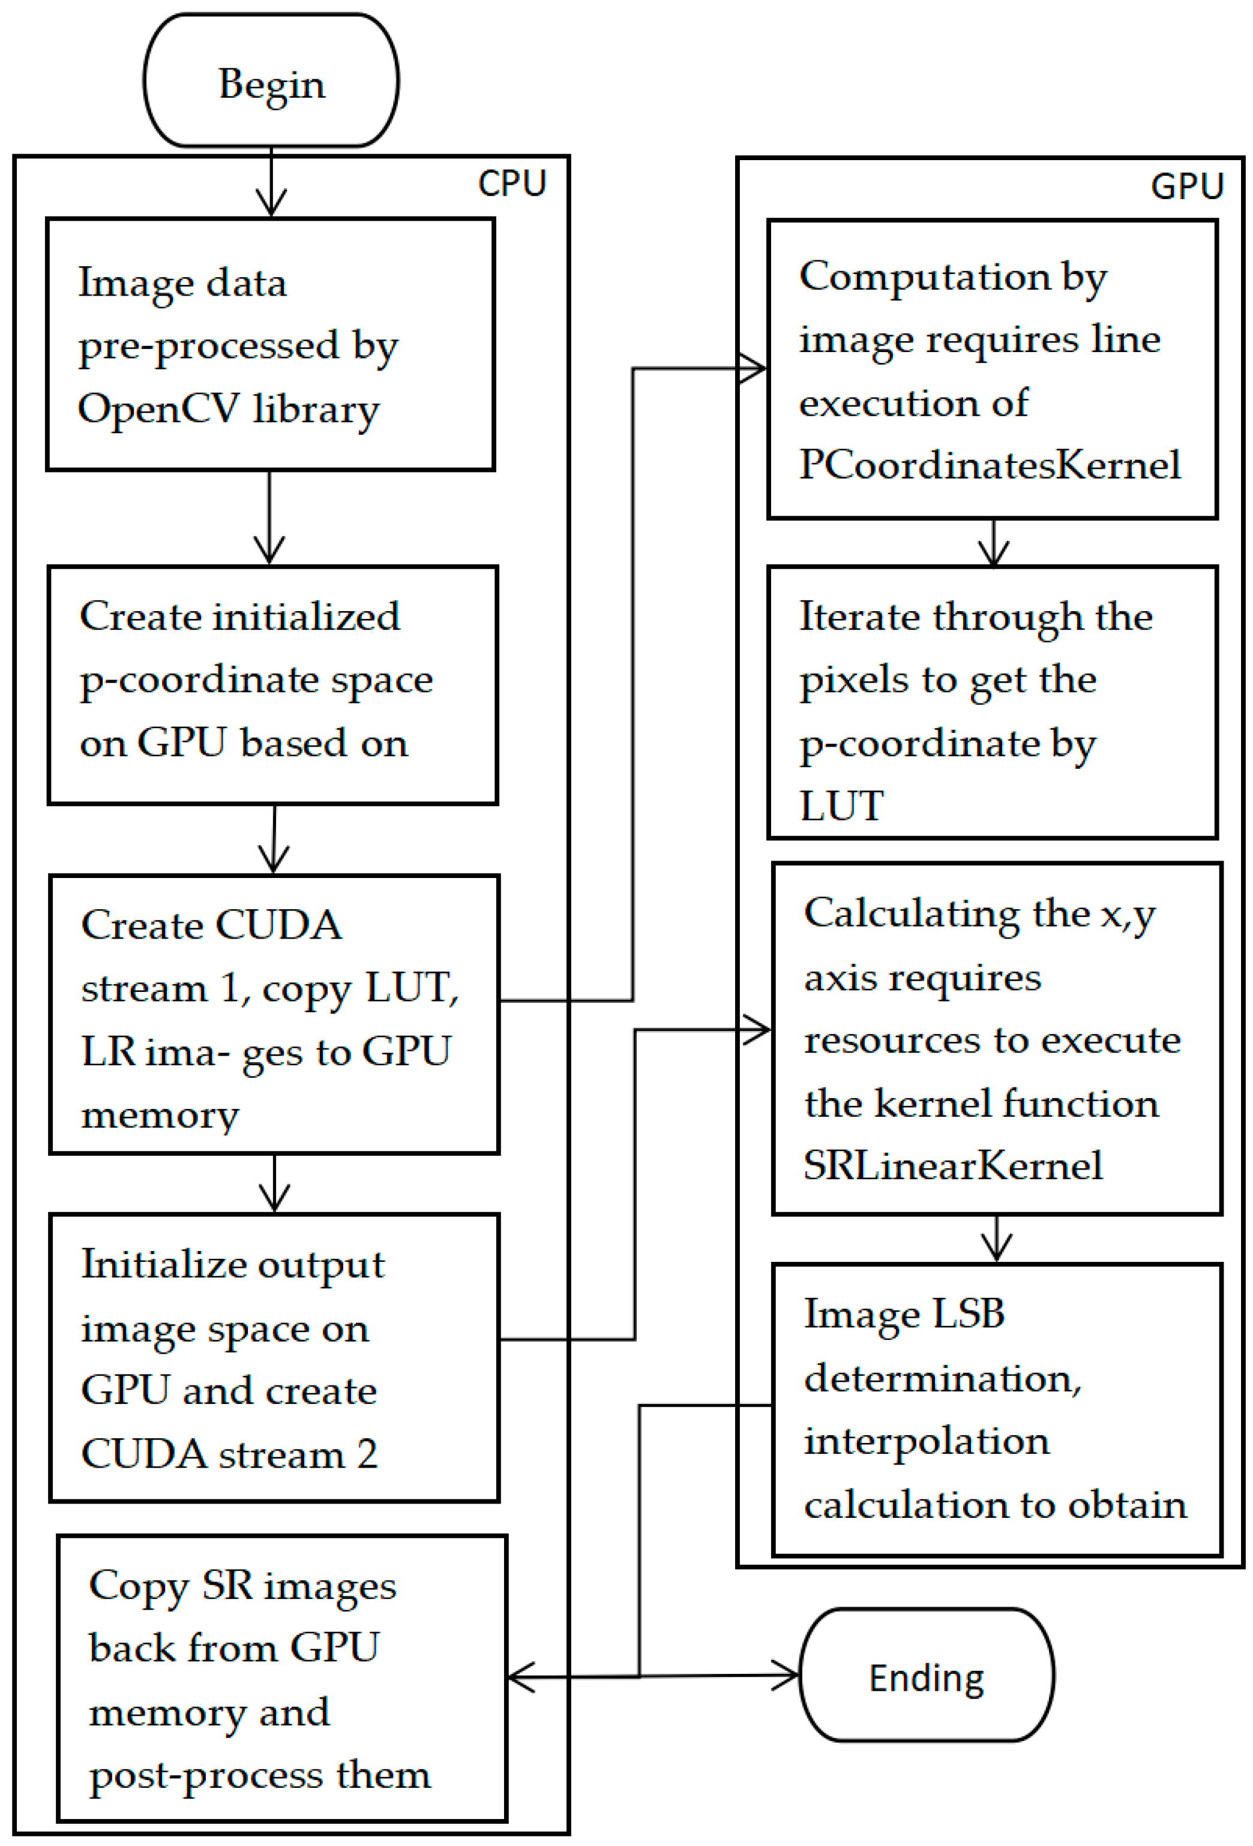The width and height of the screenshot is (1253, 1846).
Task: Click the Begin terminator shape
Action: (x=271, y=81)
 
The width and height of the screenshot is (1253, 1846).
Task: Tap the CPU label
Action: (x=512, y=184)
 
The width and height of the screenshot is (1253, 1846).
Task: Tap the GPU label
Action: (x=1186, y=187)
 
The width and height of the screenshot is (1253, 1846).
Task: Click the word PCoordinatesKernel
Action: (x=989, y=465)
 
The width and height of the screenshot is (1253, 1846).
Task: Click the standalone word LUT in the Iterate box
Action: (x=841, y=806)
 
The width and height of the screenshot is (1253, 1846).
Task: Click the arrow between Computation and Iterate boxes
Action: (x=993, y=543)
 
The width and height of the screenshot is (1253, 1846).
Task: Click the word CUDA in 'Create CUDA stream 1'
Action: (x=278, y=925)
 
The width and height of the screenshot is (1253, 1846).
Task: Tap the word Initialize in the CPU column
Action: (x=145, y=1265)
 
